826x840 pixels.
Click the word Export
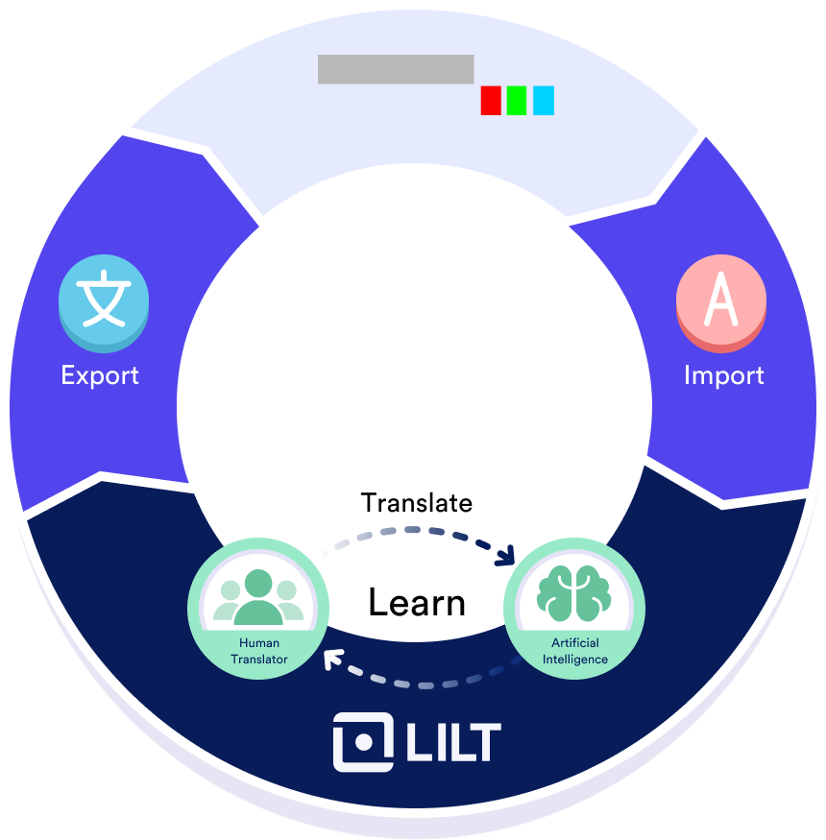coord(100,374)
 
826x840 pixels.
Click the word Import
coord(724,374)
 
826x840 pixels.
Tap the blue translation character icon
coord(104,301)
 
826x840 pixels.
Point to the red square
coord(491,101)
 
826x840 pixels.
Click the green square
coord(517,101)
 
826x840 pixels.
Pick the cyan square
coord(544,101)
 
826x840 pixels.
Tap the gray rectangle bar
coord(396,69)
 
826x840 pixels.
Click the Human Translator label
coord(258,651)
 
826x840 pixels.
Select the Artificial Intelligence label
coord(574,651)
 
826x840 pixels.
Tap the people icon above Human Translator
coord(258,598)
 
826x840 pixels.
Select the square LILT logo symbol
coord(362,742)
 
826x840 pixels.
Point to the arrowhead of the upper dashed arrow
coord(507,557)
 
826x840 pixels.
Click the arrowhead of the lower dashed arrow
coord(332,660)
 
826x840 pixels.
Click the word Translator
coord(258,659)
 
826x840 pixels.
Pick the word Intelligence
coord(574,660)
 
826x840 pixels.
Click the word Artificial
coord(574,642)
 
